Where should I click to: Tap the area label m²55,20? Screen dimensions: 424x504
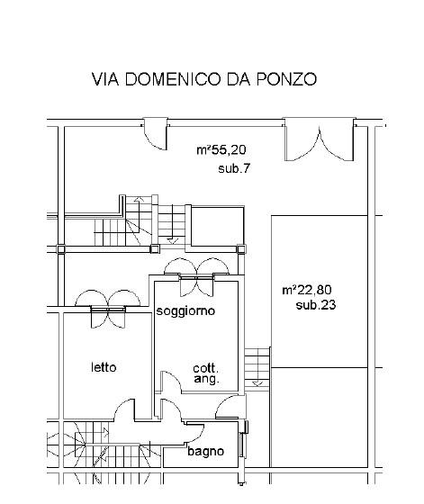(221, 149)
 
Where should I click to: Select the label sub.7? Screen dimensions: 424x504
(234, 168)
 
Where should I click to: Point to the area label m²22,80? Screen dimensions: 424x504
(307, 290)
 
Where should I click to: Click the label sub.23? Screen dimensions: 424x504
(316, 305)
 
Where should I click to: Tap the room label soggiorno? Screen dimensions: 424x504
(185, 310)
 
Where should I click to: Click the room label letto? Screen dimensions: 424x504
(104, 367)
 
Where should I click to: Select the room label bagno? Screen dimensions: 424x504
(206, 451)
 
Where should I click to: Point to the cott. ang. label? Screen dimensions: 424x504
(206, 373)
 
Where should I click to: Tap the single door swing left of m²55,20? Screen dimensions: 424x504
(156, 134)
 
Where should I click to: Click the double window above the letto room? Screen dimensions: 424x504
(108, 309)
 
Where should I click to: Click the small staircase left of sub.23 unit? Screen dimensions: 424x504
(257, 368)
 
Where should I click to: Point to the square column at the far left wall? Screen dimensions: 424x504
(60, 248)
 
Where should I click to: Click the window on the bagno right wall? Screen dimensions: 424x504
(244, 439)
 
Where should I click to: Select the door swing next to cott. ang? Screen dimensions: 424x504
(171, 382)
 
